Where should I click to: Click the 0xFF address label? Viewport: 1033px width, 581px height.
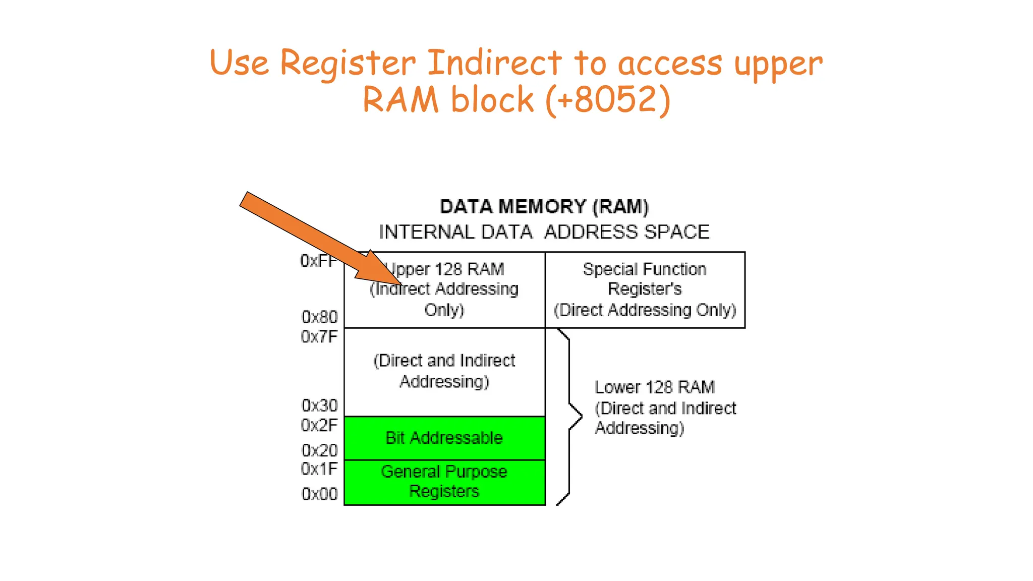[x=318, y=261]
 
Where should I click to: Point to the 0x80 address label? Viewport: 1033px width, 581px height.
[x=319, y=317]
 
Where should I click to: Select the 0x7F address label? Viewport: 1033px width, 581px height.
[x=319, y=336]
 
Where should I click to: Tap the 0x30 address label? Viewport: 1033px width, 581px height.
[x=319, y=405]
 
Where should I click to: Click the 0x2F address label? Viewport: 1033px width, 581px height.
[x=319, y=425]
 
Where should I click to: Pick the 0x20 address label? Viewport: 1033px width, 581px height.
[x=319, y=450]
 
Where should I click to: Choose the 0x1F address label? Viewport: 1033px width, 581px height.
[x=319, y=469]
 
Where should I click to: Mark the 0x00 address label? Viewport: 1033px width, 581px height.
[x=319, y=494]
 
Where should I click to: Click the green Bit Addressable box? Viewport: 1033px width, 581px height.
[x=444, y=438]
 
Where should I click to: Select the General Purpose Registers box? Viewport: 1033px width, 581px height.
[x=444, y=482]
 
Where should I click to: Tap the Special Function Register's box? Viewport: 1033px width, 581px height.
[x=645, y=289]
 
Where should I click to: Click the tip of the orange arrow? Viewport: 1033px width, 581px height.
[x=401, y=283]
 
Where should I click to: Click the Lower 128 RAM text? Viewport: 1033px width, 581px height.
[x=654, y=387]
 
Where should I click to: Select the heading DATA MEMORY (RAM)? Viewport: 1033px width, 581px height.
[x=544, y=207]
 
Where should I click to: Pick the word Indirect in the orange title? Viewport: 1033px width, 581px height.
[x=494, y=63]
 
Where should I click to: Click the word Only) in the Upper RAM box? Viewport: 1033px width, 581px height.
[x=444, y=310]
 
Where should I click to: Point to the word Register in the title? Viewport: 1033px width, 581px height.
[x=348, y=63]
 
